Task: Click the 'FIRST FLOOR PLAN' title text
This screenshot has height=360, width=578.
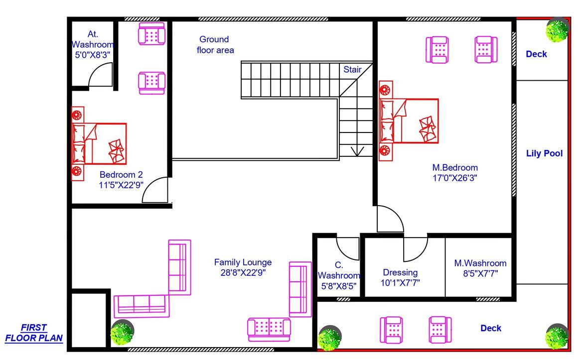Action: click(34, 333)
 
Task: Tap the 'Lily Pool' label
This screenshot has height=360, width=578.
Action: click(544, 153)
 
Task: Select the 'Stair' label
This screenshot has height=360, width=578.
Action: click(352, 69)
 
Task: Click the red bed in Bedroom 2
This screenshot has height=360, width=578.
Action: click(99, 144)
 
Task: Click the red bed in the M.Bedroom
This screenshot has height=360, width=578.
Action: click(409, 121)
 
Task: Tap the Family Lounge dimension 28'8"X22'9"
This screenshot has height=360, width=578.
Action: click(243, 273)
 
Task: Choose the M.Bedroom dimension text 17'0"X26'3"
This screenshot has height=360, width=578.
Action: click(454, 178)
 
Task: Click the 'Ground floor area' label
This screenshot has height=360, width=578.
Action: click(215, 45)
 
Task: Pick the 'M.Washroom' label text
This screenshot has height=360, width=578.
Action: click(480, 263)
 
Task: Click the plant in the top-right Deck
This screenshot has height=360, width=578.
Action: click(557, 30)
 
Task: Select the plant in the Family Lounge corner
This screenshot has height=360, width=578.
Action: click(122, 333)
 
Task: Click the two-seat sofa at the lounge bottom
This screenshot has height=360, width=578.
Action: click(269, 330)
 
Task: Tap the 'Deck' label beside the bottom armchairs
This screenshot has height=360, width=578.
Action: click(491, 328)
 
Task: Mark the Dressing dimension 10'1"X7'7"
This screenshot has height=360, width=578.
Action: click(400, 283)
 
